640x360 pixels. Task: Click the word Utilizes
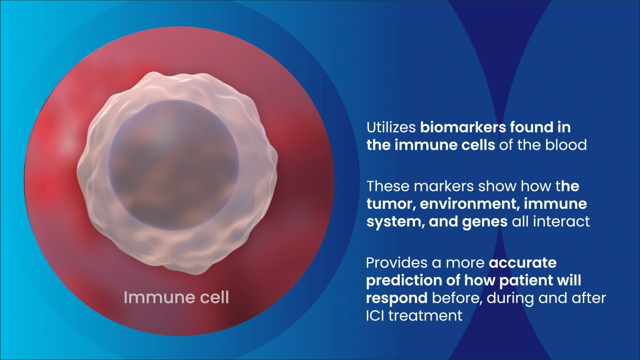[x=391, y=127]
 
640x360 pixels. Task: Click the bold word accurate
[x=523, y=262]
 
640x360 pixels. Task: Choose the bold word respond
[x=396, y=298]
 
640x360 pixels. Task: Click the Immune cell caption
[x=176, y=298]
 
